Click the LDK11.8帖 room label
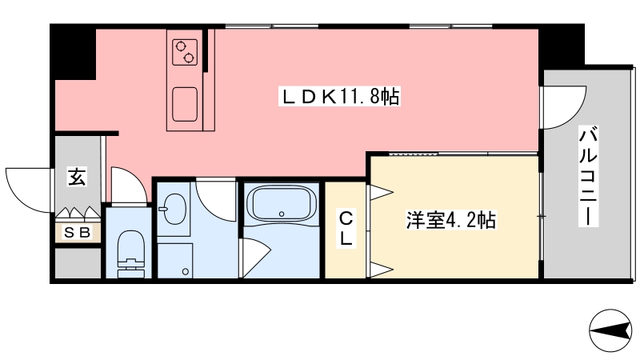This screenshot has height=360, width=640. [339, 97]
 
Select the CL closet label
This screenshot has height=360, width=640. [346, 228]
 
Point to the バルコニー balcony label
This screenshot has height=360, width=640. [588, 176]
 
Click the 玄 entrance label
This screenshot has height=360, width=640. [77, 176]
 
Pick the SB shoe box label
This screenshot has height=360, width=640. [78, 233]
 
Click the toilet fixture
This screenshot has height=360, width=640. [130, 254]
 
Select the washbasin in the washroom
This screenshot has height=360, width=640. [174, 209]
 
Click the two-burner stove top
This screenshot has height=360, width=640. [185, 52]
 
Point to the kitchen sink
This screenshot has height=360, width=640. [185, 104]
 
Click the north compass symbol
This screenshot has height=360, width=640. [610, 330]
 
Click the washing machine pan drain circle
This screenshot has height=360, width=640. [186, 271]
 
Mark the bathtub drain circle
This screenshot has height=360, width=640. [282, 214]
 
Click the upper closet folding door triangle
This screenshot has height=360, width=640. [382, 192]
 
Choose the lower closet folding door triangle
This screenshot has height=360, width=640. [382, 269]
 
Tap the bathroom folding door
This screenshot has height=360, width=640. [256, 257]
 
